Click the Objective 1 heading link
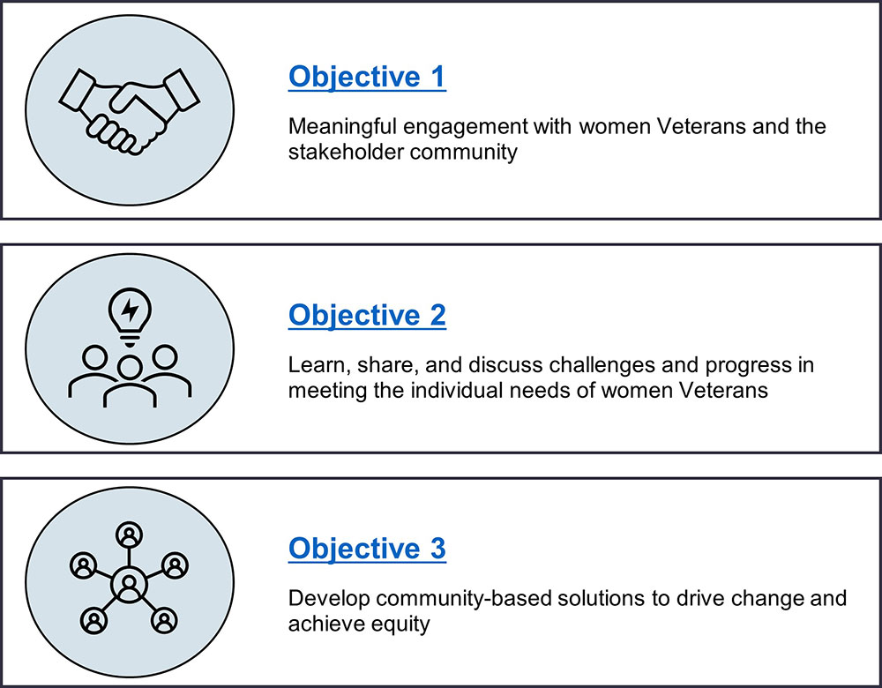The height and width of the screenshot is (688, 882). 367,77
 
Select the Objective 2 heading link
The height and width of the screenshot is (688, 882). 367,316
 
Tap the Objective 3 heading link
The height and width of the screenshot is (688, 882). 367,549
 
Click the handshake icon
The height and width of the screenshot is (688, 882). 130,111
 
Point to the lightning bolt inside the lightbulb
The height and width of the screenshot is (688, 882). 130,309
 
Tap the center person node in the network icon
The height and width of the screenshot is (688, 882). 130,585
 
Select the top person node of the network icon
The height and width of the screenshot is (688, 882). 130,534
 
